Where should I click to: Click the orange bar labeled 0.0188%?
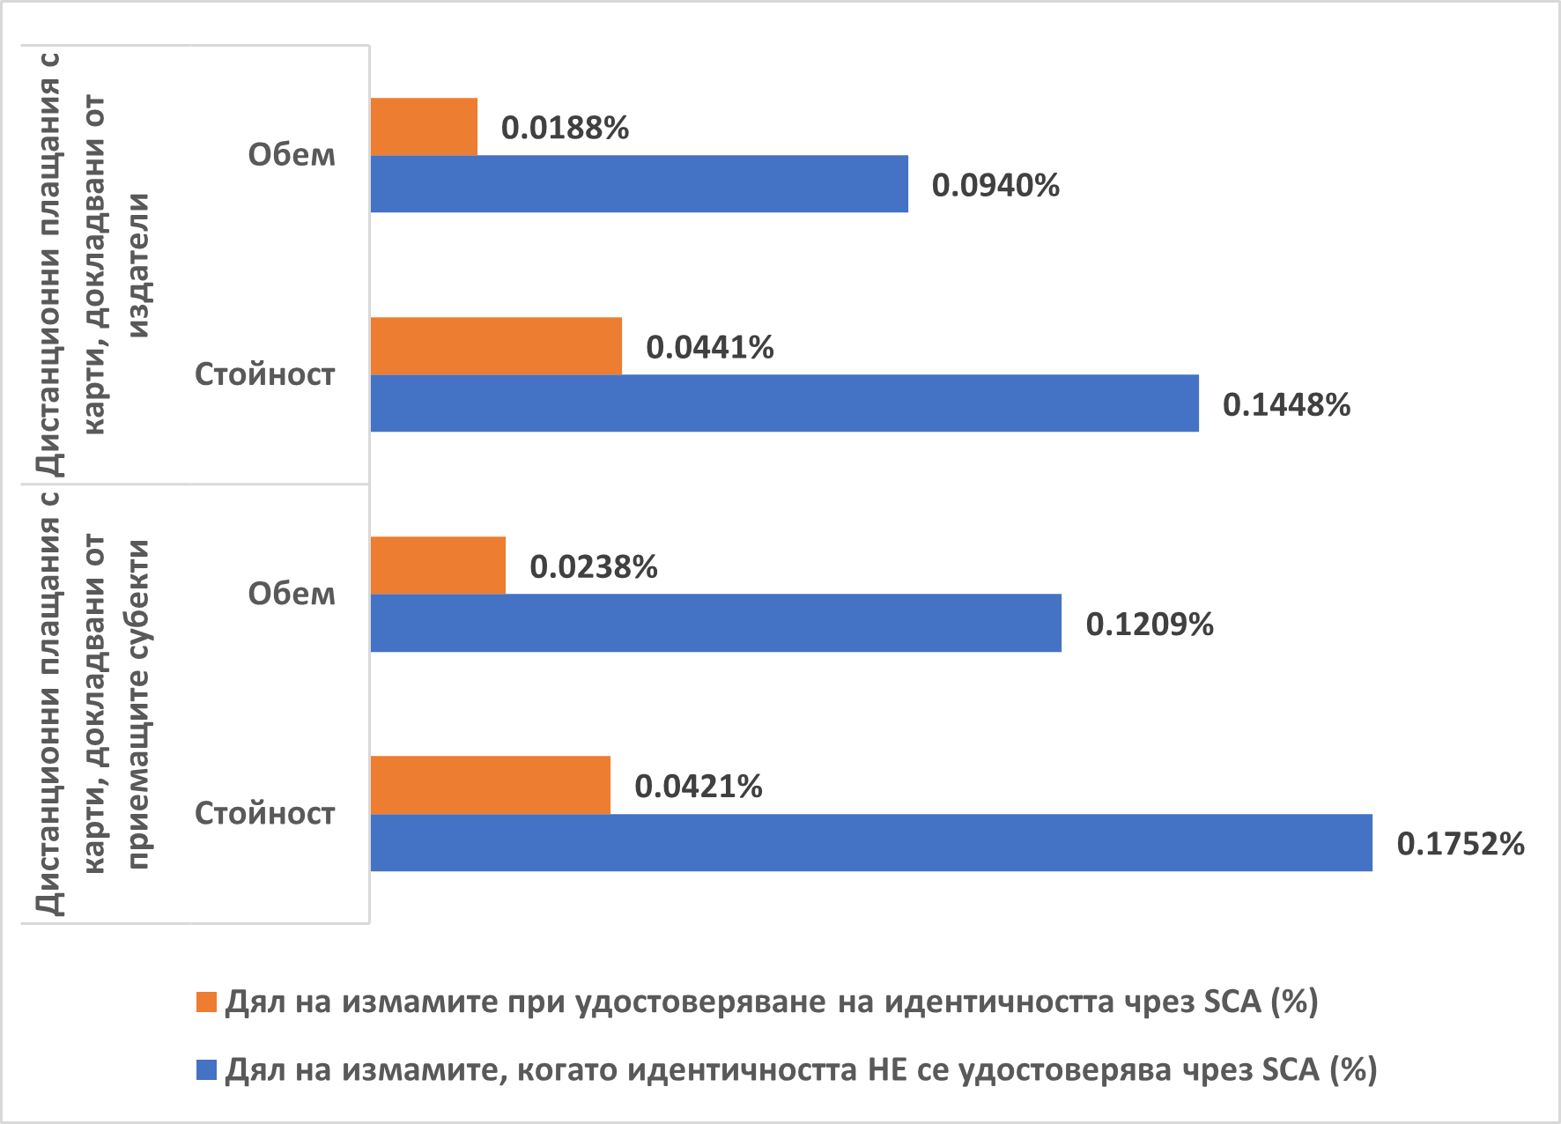424,127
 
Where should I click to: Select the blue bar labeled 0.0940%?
639,184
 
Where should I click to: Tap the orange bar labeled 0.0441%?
496,346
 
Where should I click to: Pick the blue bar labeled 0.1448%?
784,403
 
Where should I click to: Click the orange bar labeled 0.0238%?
438,566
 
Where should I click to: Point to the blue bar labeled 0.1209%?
715,623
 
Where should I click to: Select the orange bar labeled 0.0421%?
490,785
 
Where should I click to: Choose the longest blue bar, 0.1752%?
870,842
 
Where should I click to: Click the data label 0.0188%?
565,128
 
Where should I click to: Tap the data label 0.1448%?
1286,404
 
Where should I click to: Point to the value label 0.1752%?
1460,843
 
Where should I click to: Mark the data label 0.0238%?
593,566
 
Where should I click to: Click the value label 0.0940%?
995,185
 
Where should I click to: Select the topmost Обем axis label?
292,154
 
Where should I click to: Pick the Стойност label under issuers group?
264,373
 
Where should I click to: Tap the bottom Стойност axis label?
264,812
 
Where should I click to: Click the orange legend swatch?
206,1002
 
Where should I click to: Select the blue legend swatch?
206,1070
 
